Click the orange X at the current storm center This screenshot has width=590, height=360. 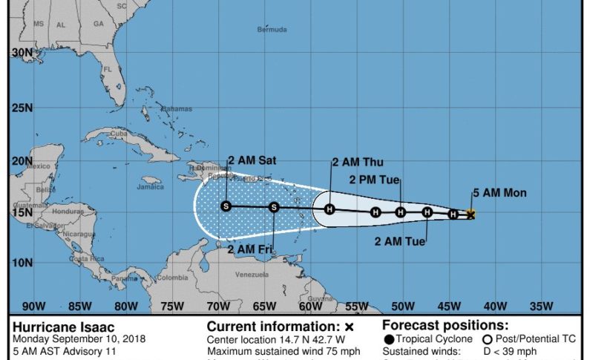[470, 215]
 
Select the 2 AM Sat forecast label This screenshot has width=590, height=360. [252, 160]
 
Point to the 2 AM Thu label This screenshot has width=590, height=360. [358, 163]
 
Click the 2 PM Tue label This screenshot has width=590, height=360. [375, 179]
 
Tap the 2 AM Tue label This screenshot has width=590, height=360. [400, 241]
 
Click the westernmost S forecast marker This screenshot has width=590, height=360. [226, 206]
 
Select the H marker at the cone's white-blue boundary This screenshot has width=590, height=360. [330, 209]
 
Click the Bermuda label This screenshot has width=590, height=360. [272, 30]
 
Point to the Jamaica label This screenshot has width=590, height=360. [150, 187]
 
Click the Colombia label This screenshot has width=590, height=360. [172, 278]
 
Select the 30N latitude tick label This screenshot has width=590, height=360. [22, 53]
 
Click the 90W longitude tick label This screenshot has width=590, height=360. [33, 306]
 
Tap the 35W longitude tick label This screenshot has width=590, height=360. [542, 306]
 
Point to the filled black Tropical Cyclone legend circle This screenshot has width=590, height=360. [389, 339]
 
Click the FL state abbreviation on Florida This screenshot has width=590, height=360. [108, 70]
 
